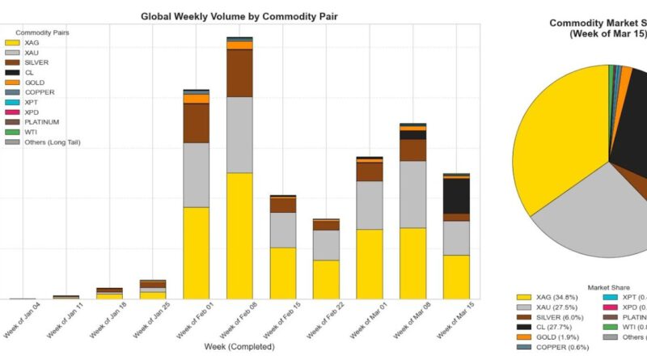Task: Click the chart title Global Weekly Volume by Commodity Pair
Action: click(239, 15)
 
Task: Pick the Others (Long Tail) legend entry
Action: click(53, 142)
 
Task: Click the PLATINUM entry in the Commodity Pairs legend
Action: click(45, 122)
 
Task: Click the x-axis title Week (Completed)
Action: click(239, 346)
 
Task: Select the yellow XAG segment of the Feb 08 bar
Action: click(239, 235)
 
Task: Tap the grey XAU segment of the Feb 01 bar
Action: click(197, 175)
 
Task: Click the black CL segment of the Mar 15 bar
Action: click(457, 195)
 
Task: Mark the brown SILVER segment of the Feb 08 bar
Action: click(239, 73)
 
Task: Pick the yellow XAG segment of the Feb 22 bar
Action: click(326, 279)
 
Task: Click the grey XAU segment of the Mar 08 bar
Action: click(413, 194)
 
